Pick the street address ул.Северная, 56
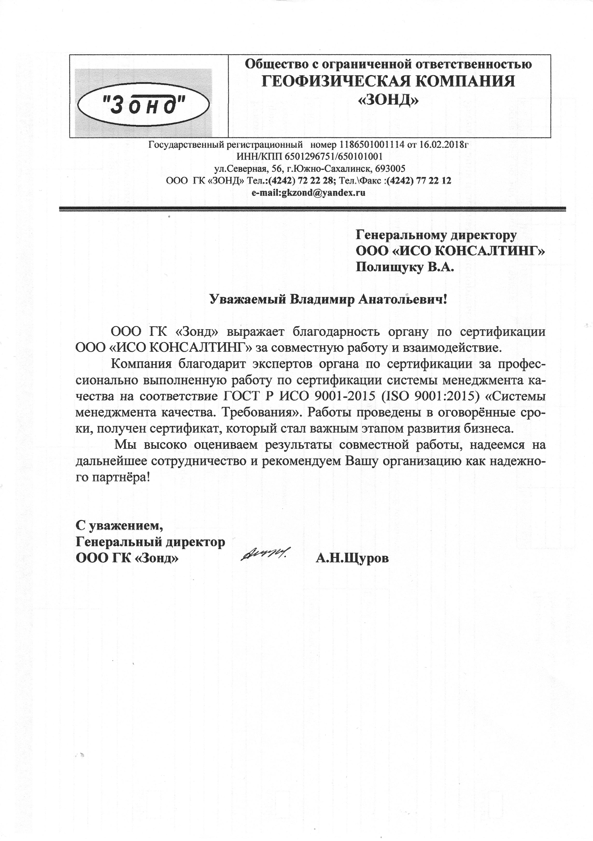click(x=248, y=169)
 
